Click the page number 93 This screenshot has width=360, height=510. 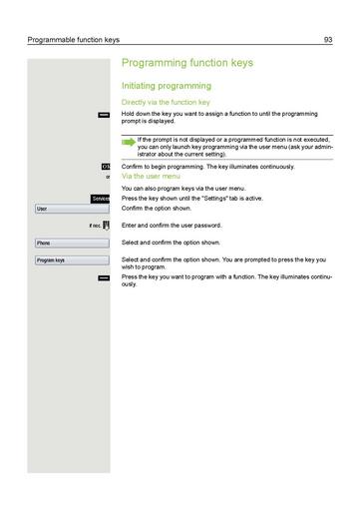click(x=328, y=40)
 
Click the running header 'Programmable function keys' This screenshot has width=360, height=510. click(x=73, y=40)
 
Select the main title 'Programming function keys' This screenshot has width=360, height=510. click(x=186, y=63)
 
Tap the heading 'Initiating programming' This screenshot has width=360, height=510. click(x=165, y=87)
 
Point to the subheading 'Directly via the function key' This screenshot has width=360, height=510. click(x=165, y=102)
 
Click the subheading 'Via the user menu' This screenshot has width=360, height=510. click(x=150, y=176)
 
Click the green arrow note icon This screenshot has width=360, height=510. click(x=128, y=143)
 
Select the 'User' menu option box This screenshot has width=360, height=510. click(x=71, y=209)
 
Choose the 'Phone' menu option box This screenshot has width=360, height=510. click(x=71, y=243)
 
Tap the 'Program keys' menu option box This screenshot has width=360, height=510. click(x=71, y=259)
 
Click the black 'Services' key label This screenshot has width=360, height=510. click(x=100, y=199)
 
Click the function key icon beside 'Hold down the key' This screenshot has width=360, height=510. click(x=104, y=115)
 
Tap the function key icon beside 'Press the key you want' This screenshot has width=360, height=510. click(x=104, y=276)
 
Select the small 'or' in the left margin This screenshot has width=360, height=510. click(x=107, y=177)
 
